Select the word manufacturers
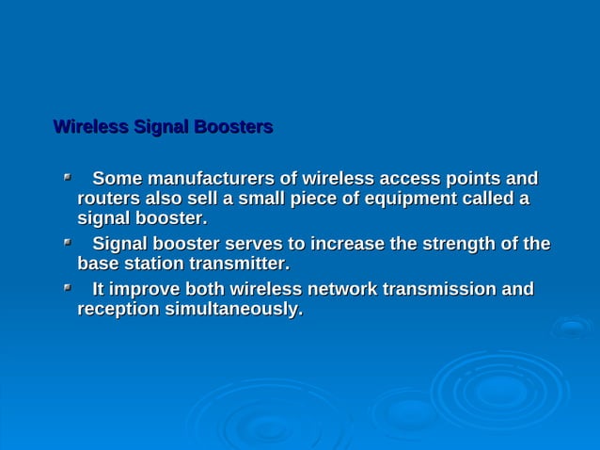click(206, 179)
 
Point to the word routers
click(107, 200)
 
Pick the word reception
click(117, 309)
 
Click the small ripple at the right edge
click(572, 328)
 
